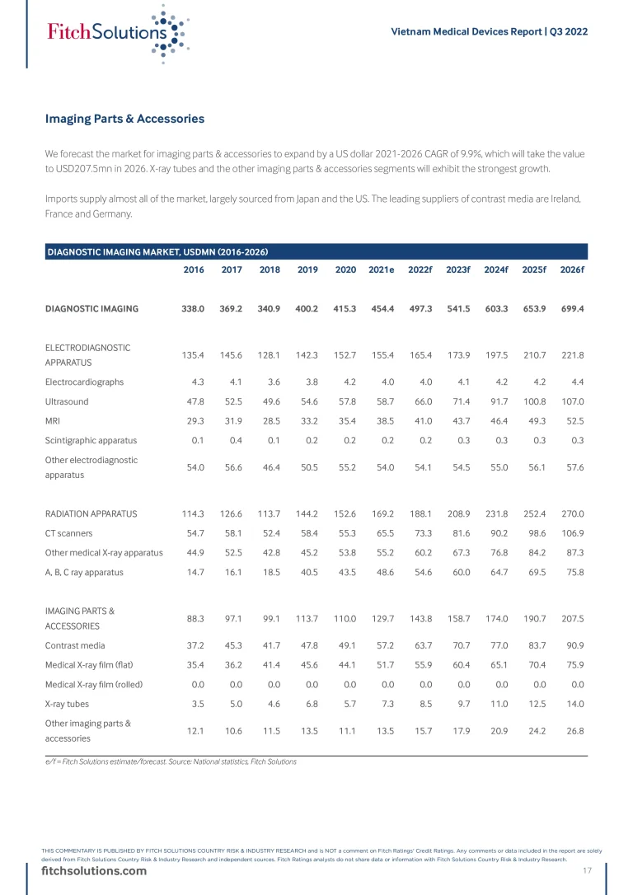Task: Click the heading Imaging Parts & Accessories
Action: (124, 119)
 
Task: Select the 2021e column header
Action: (382, 270)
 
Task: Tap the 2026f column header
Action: (571, 270)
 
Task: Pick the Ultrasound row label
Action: (67, 401)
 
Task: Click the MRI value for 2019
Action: (307, 421)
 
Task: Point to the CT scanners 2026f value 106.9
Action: (571, 532)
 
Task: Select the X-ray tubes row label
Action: (67, 704)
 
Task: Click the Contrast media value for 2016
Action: (193, 645)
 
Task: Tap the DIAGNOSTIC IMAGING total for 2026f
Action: (571, 309)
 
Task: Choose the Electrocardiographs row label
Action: (84, 382)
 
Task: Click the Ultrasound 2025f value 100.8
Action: (534, 401)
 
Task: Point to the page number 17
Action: (587, 871)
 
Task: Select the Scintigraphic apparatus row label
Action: (91, 440)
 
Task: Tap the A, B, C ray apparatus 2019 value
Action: (307, 571)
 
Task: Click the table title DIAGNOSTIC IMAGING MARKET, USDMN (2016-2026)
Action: (157, 251)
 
